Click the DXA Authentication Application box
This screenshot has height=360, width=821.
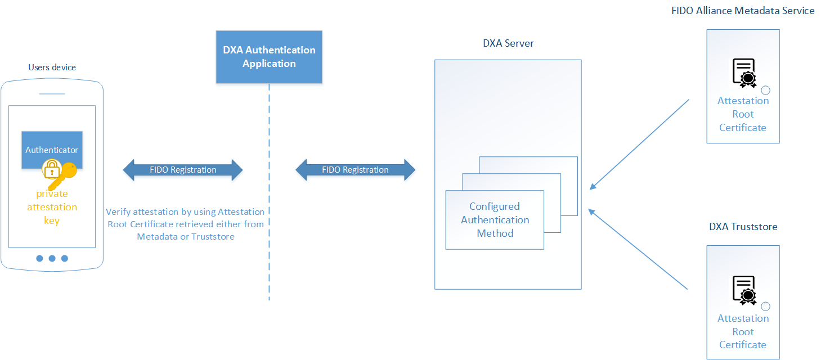269,57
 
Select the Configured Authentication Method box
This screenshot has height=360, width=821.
495,220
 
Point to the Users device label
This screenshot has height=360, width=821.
52,67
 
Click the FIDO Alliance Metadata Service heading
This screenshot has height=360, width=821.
743,11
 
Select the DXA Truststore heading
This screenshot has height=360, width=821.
743,227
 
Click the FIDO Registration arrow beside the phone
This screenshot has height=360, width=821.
183,170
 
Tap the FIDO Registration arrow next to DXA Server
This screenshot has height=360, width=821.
355,170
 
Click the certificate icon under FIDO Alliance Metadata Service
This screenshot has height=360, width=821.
744,73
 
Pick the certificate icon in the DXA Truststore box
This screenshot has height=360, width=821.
744,290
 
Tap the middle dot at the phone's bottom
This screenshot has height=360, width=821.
52,258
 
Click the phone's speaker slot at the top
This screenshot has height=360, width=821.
52,93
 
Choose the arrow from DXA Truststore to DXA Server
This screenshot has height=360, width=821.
639,250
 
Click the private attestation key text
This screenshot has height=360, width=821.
52,207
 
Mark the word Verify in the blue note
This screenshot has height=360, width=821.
118,212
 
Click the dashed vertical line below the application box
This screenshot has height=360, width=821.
269,191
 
